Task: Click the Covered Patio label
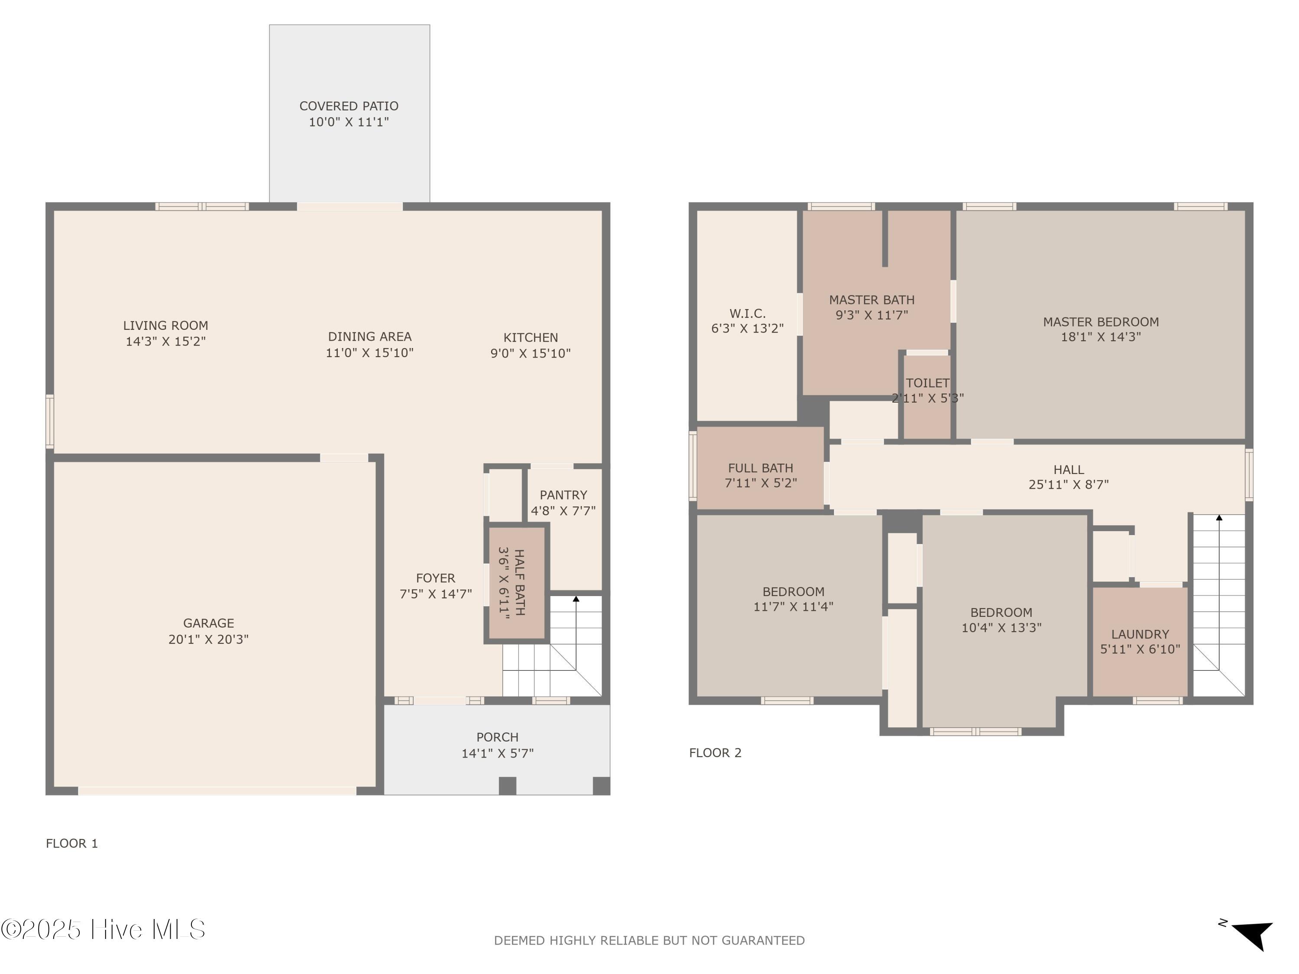coord(349,106)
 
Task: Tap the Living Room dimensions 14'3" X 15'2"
coord(165,342)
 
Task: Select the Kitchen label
coord(530,338)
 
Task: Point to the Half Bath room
coord(517,582)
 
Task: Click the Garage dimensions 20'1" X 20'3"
coord(208,639)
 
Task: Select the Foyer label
coord(435,578)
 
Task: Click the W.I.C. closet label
coord(747,313)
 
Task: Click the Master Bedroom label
coord(1101,322)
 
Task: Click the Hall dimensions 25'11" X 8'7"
coord(1068,485)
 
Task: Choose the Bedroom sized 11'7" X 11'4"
coord(793,599)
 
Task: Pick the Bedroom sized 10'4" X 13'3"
coord(1001,619)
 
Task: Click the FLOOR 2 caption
coord(715,753)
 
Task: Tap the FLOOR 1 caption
coord(71,844)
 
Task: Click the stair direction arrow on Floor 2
coord(1219,518)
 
